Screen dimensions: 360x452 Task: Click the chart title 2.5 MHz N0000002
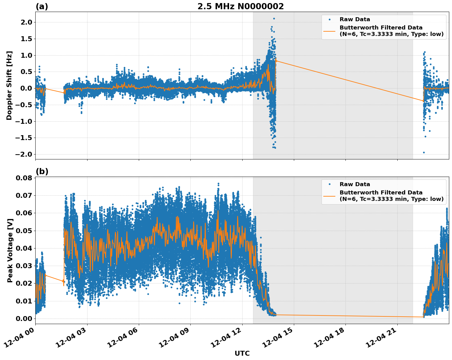coord(240,6)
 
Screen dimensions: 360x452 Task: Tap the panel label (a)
coord(42,6)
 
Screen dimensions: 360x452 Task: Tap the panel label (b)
coord(42,171)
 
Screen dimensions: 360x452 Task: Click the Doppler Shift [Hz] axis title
coord(9,85)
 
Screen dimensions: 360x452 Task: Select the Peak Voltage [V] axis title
coord(10,250)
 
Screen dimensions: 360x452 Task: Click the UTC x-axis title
coord(242,353)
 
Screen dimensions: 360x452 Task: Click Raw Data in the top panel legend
coord(355,19)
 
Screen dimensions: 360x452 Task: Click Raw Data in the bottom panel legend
coord(355,184)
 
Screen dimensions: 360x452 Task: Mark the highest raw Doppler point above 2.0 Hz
coord(274,18)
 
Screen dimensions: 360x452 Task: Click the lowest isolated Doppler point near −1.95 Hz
coord(424,152)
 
